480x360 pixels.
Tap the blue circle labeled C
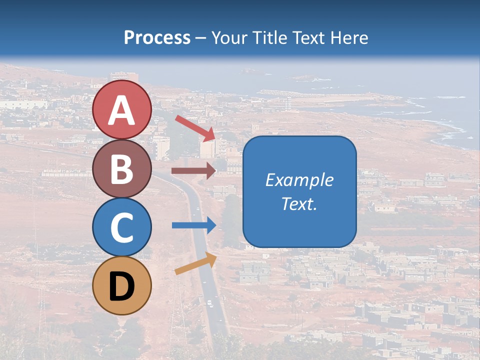click(x=122, y=226)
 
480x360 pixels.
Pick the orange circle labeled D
click(x=122, y=285)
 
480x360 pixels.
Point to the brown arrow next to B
click(x=193, y=170)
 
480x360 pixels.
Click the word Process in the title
click(x=157, y=37)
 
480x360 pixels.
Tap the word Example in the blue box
click(x=299, y=180)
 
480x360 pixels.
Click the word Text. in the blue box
click(x=299, y=203)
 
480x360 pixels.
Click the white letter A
click(x=122, y=110)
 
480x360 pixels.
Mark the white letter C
click(x=122, y=227)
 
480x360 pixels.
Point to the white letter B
click(x=122, y=169)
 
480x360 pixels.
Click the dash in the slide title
click(x=201, y=38)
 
